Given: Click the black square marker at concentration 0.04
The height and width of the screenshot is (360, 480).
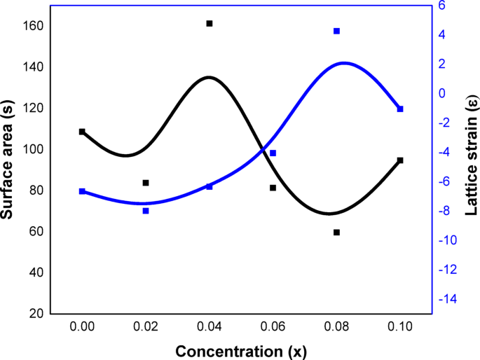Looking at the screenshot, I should [210, 23].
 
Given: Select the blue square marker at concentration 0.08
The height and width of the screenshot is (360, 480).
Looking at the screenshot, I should [336, 31].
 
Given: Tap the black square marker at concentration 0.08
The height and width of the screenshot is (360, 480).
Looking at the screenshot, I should [336, 232].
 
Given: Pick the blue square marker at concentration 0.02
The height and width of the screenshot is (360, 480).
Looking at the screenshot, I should [146, 210].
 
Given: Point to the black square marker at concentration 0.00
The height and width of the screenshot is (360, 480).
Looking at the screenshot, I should [82, 131].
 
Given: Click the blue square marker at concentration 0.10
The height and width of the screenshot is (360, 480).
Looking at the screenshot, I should [400, 109].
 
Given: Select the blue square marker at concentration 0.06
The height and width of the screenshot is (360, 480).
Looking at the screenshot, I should [273, 153].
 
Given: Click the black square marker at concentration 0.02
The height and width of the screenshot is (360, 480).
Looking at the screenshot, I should [146, 183].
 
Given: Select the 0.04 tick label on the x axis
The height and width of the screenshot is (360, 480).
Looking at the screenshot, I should [210, 326].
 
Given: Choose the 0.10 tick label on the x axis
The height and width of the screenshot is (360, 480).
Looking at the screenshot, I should [400, 326].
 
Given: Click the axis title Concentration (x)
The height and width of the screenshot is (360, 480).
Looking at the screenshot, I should [241, 350].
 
